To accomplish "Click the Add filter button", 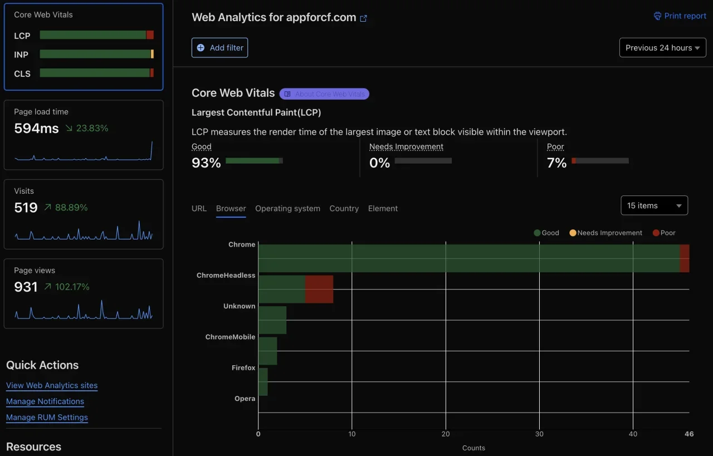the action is (x=219, y=48).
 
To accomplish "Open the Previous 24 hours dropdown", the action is (x=662, y=48).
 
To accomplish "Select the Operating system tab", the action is (x=287, y=209).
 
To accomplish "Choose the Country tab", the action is (x=344, y=209).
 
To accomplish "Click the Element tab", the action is (x=383, y=209).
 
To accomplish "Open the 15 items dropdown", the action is (x=654, y=205).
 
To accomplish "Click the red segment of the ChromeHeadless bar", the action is (x=319, y=289).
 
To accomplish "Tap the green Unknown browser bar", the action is (x=272, y=320).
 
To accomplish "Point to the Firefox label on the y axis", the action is (x=243, y=368).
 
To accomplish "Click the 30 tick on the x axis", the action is (x=539, y=434).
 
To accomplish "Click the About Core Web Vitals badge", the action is (x=324, y=94).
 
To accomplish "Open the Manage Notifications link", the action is (x=45, y=401).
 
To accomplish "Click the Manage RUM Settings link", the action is (x=47, y=418).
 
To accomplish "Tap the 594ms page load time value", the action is (x=36, y=129).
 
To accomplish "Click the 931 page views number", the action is (x=26, y=287).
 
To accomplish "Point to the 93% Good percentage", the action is (x=206, y=163).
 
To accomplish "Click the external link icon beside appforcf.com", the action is (x=364, y=18).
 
